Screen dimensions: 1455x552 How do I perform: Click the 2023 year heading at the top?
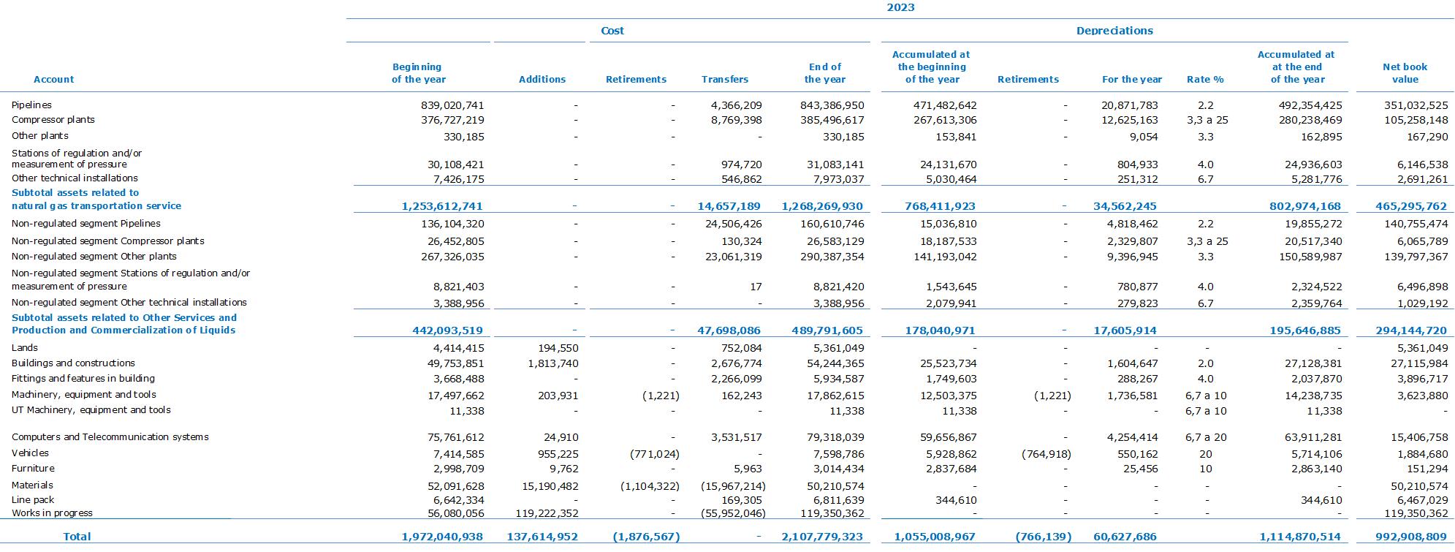[x=900, y=7]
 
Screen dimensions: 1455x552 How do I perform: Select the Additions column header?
[x=542, y=79]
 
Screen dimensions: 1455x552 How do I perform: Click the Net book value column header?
[x=1405, y=73]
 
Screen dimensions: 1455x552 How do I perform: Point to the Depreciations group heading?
[x=1114, y=31]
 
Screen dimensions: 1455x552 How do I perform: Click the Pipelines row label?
[x=31, y=105]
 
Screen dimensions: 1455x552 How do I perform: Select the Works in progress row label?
[x=52, y=513]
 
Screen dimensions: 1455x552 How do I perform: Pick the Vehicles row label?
[x=30, y=453]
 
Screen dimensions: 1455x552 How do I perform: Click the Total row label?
[x=77, y=537]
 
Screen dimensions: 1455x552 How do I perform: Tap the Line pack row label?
[x=33, y=500]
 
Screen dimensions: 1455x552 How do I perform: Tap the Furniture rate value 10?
[x=1205, y=469]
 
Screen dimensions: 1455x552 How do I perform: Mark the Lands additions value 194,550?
[x=558, y=348]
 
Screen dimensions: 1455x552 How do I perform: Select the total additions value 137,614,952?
[x=542, y=537]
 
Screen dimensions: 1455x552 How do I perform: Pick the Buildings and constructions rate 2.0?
[x=1205, y=363]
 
